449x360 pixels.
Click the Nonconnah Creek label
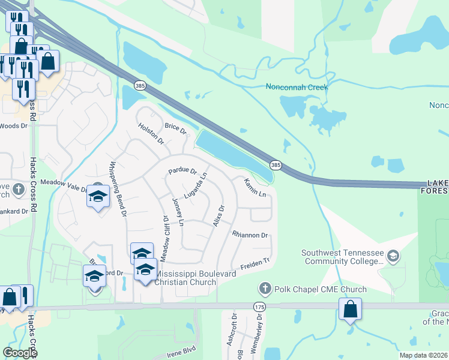(x=297, y=87)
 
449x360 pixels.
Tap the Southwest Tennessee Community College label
(x=342, y=257)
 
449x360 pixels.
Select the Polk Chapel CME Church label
(x=320, y=289)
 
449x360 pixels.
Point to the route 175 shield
(x=259, y=307)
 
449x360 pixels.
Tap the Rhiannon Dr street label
(x=250, y=235)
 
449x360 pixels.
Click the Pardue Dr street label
(x=182, y=171)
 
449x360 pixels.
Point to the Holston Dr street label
(x=151, y=133)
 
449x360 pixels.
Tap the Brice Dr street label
(x=175, y=127)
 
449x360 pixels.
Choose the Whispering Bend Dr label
(x=118, y=188)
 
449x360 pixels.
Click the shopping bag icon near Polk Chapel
(x=350, y=310)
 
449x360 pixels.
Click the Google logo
(x=19, y=352)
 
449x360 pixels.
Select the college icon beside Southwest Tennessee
(x=393, y=257)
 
